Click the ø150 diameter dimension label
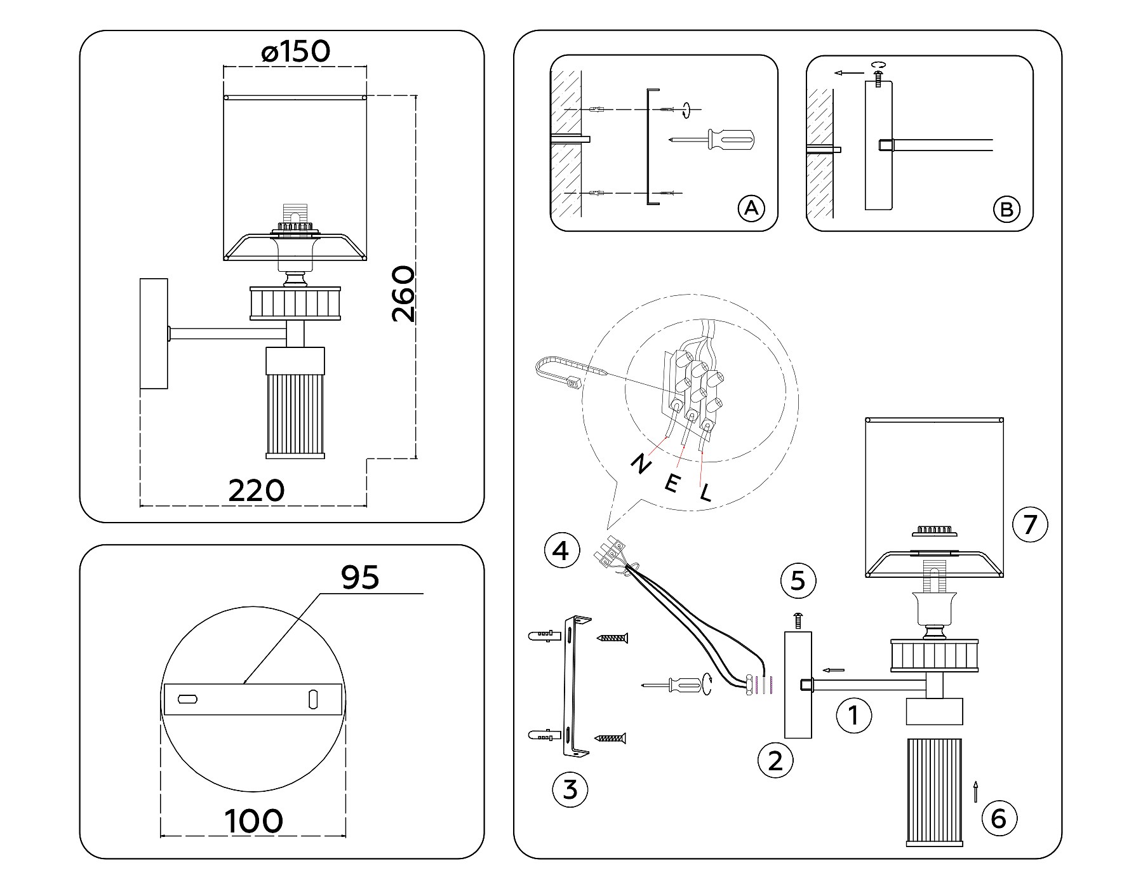[296, 51]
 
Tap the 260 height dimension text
[403, 294]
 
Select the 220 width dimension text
[257, 490]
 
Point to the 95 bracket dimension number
[360, 577]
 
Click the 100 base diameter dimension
[254, 821]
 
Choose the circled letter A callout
[751, 208]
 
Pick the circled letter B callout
[1006, 209]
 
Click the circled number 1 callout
[853, 716]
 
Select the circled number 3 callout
[570, 789]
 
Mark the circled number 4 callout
[562, 551]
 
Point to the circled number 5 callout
[798, 580]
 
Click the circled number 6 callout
[999, 819]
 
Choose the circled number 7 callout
[1030, 525]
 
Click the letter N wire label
[640, 464]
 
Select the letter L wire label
[705, 492]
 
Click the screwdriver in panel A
[712, 139]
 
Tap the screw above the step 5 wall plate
[798, 620]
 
